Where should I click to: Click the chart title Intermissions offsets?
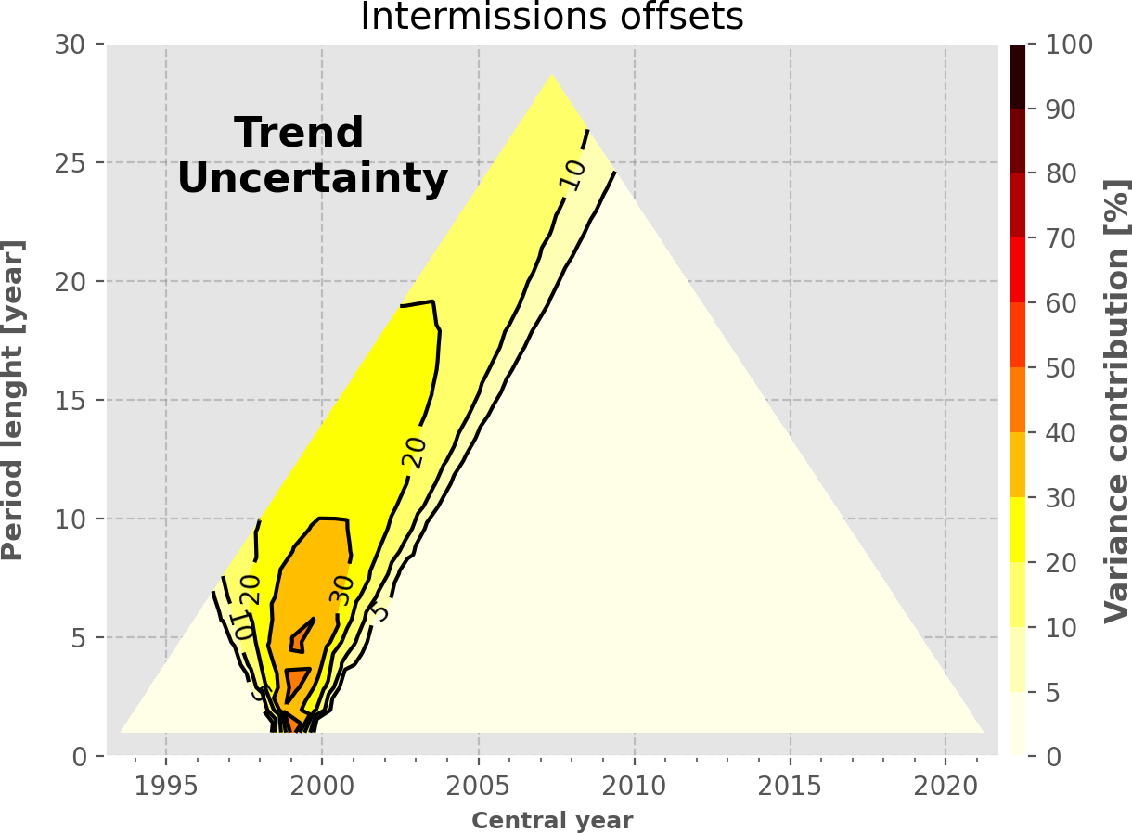point(551,17)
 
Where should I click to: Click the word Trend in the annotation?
point(299,133)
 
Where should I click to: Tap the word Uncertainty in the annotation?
point(313,178)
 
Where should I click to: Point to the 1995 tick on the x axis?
point(166,787)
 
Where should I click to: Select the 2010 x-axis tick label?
point(634,787)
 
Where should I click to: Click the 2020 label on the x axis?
point(945,787)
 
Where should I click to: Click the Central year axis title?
point(552,821)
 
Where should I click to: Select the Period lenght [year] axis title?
point(13,400)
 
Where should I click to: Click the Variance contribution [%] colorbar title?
point(1116,401)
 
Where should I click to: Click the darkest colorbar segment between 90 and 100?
point(1018,77)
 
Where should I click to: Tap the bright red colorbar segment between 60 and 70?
point(1018,270)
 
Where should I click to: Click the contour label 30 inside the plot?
point(343,590)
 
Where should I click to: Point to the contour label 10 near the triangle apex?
point(573,173)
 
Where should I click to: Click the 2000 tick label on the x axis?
point(322,787)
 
